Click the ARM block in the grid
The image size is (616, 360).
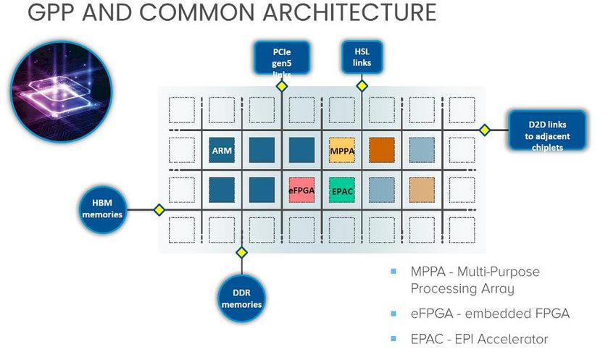(x=222, y=150)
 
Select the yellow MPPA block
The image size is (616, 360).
(x=342, y=150)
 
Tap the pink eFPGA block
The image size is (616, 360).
(x=301, y=190)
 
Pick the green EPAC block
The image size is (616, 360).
(x=342, y=190)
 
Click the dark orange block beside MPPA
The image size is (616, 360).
(x=382, y=150)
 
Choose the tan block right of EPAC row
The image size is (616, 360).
(x=422, y=190)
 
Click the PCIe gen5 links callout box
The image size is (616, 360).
(x=282, y=58)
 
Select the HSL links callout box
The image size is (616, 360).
(x=362, y=57)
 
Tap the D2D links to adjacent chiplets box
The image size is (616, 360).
(x=547, y=130)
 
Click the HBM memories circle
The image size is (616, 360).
(x=102, y=209)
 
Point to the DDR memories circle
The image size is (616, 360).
(x=241, y=298)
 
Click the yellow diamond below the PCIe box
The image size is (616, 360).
(x=282, y=86)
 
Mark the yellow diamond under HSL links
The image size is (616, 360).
(x=362, y=85)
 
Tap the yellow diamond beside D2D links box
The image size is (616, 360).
(x=485, y=130)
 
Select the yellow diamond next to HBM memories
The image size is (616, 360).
(x=159, y=209)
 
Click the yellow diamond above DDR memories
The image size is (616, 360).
(x=241, y=252)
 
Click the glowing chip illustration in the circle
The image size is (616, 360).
(x=61, y=92)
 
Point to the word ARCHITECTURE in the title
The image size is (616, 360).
(x=349, y=12)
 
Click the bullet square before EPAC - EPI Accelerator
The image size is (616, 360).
(x=394, y=338)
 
